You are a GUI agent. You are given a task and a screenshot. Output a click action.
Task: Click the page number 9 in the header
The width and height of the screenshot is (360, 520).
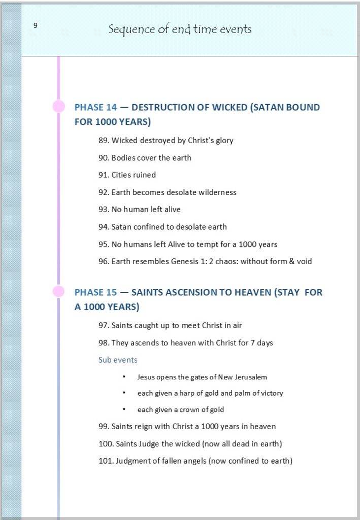click(36, 26)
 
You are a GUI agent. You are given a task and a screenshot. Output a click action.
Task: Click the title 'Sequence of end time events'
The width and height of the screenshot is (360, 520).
click(180, 29)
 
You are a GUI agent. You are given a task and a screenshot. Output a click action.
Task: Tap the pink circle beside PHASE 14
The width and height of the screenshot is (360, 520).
click(59, 107)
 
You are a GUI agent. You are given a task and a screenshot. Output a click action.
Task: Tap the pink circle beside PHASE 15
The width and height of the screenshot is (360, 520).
click(59, 291)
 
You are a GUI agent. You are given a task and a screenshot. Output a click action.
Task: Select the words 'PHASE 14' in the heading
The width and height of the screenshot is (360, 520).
click(95, 108)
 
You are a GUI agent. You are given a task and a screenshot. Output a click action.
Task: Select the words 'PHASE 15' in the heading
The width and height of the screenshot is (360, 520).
click(95, 292)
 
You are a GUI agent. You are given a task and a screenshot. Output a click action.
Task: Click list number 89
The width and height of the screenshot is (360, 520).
click(104, 141)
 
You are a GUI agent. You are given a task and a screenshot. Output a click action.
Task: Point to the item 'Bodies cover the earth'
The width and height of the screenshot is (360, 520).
click(151, 158)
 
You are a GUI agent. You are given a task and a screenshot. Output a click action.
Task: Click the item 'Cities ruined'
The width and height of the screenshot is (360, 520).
click(134, 175)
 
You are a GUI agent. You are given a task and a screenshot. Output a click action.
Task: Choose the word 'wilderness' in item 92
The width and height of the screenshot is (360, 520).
click(218, 192)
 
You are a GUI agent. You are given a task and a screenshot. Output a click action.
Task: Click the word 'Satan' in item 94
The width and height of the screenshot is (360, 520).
click(121, 227)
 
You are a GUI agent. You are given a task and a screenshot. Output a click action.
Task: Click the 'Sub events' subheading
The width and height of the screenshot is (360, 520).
click(118, 360)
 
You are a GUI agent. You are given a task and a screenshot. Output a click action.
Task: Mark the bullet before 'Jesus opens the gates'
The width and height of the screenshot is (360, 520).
click(124, 377)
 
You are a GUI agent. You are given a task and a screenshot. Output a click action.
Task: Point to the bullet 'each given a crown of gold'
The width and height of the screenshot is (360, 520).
click(180, 410)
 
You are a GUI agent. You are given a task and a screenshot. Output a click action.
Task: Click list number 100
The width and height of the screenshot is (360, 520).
click(106, 444)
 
